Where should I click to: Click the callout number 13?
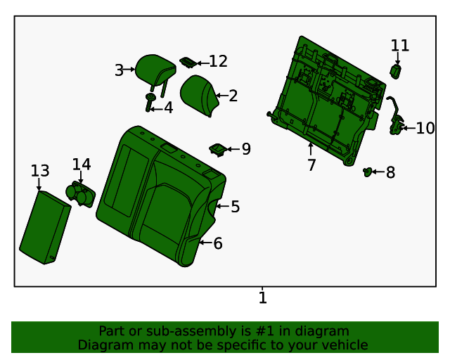[40, 171]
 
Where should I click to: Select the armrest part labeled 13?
[44, 227]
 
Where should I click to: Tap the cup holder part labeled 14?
[79, 193]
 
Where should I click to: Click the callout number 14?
[82, 164]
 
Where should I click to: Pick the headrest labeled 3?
[157, 69]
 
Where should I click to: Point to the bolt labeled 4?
[150, 102]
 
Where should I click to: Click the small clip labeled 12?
[188, 63]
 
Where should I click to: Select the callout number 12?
[218, 62]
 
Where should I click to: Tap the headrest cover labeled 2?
[200, 97]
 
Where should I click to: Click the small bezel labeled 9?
[218, 148]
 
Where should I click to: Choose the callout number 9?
[246, 149]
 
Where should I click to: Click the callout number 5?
[236, 206]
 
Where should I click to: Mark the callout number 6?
[218, 243]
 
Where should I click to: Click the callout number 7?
[311, 165]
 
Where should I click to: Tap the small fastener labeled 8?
[367, 171]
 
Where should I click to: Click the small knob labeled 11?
[396, 71]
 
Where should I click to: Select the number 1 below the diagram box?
[263, 298]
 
